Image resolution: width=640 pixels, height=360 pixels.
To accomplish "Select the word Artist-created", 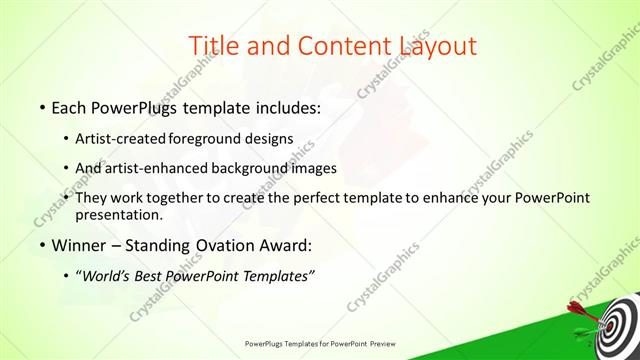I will coord(123,139).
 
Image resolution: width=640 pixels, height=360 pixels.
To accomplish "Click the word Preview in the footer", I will coord(380,343).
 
